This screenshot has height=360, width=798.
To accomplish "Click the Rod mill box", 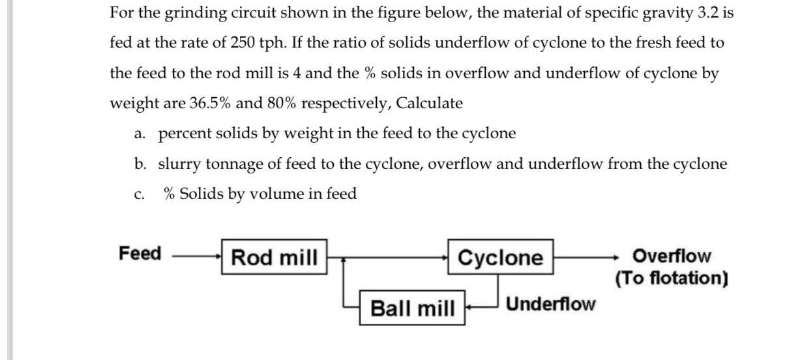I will (274, 258).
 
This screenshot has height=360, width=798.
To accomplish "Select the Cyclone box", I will (500, 258).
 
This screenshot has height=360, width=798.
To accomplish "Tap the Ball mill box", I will (413, 307).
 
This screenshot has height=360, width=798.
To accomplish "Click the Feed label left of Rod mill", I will (140, 254).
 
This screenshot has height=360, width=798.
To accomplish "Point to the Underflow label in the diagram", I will (550, 304).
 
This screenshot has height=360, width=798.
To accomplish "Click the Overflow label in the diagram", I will (672, 256).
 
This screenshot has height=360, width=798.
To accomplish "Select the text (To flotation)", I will (672, 278).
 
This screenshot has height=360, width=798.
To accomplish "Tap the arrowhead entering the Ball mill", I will (470, 305).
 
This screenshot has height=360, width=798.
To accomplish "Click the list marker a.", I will (139, 134).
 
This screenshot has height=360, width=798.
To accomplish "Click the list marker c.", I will (138, 194).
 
